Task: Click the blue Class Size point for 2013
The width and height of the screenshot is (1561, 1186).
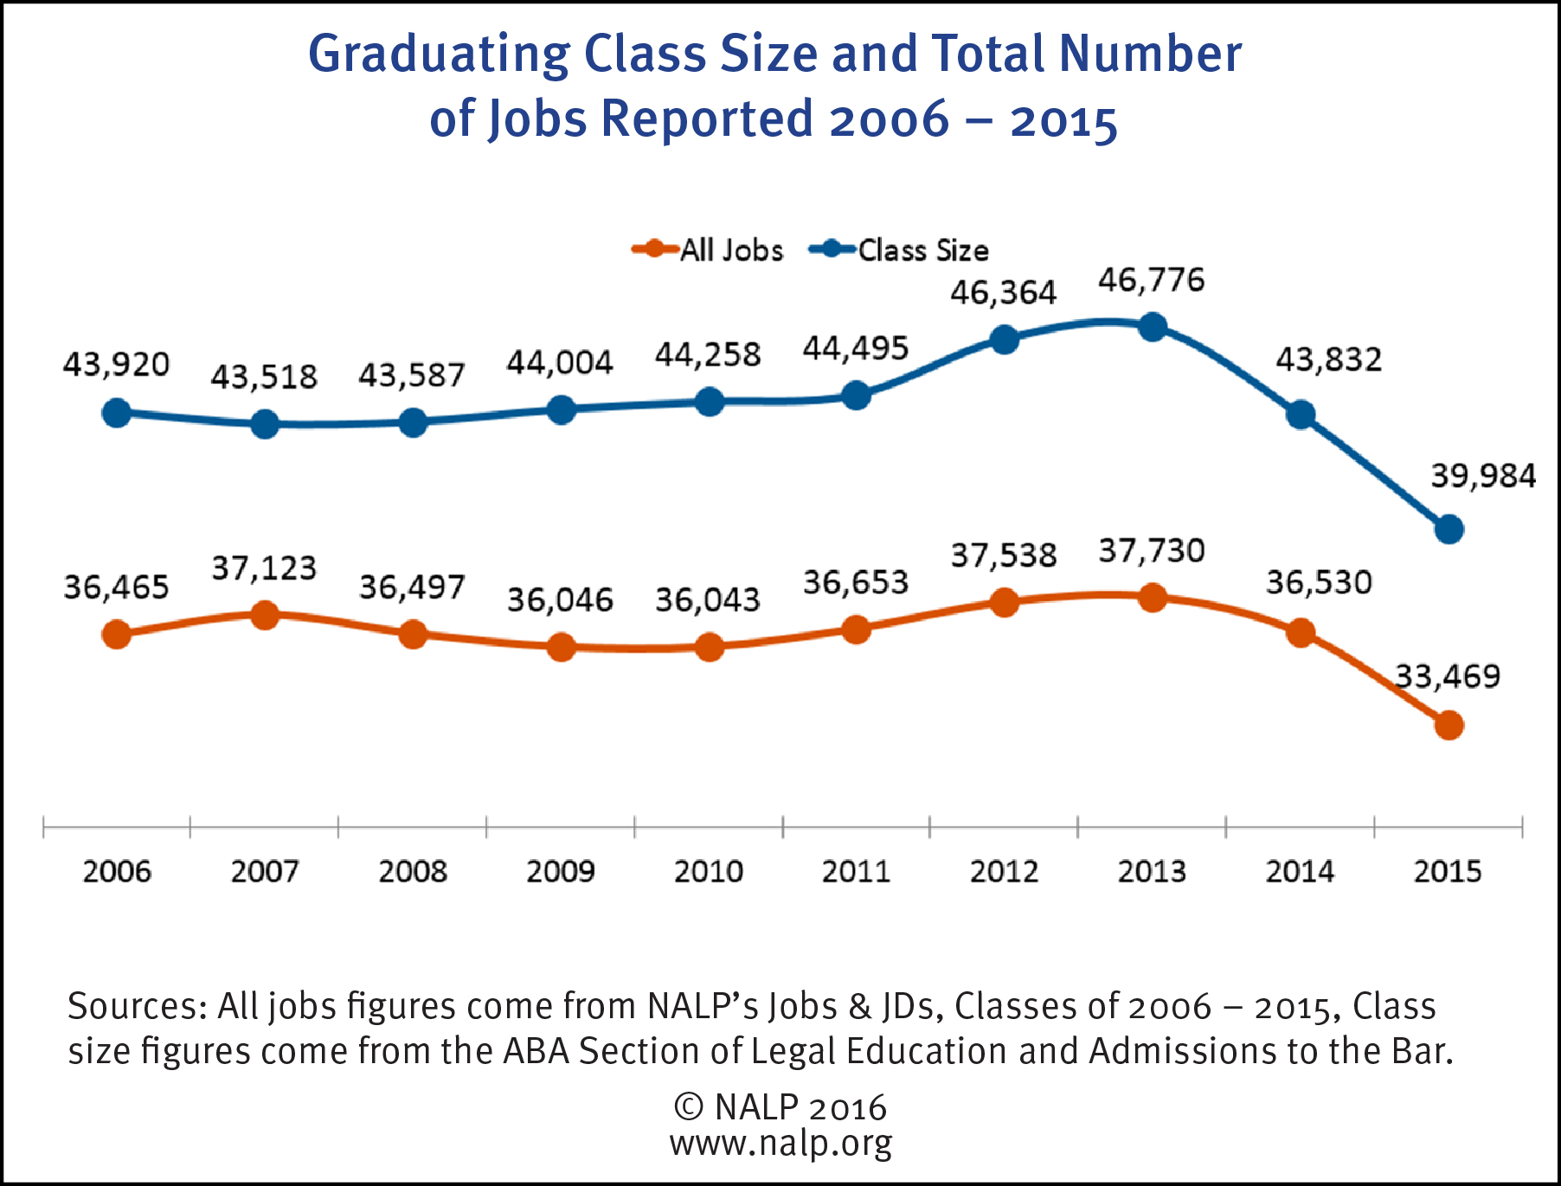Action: [x=1153, y=327]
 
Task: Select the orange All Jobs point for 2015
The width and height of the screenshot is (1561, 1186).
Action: [x=1449, y=725]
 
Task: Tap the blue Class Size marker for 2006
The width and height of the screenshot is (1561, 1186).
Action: [x=117, y=413]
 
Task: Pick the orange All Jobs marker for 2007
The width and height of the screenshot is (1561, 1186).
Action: [x=265, y=616]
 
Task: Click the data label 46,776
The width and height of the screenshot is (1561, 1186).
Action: [x=1151, y=280]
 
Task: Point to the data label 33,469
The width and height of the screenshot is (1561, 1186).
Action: [x=1447, y=676]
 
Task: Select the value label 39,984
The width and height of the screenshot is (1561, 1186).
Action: [x=1482, y=476]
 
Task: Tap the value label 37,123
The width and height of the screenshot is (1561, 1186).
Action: [x=264, y=568]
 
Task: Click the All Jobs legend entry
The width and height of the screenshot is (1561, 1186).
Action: [x=708, y=250]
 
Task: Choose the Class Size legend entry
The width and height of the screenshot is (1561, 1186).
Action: [x=899, y=250]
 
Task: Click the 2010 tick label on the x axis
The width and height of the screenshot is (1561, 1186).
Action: [x=708, y=871]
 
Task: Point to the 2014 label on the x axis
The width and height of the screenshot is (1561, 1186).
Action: [x=1300, y=871]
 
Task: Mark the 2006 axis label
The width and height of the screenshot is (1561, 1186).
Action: [x=117, y=871]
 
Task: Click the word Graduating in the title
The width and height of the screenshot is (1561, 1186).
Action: [x=439, y=54]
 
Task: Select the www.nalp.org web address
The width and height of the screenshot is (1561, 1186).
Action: [x=780, y=1144]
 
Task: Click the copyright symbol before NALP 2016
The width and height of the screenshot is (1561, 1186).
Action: [x=688, y=1106]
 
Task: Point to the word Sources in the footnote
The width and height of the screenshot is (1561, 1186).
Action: [x=137, y=1006]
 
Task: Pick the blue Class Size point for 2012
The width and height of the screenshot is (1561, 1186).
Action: [x=1004, y=340]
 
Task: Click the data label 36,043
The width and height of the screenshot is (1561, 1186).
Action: [x=707, y=599]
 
